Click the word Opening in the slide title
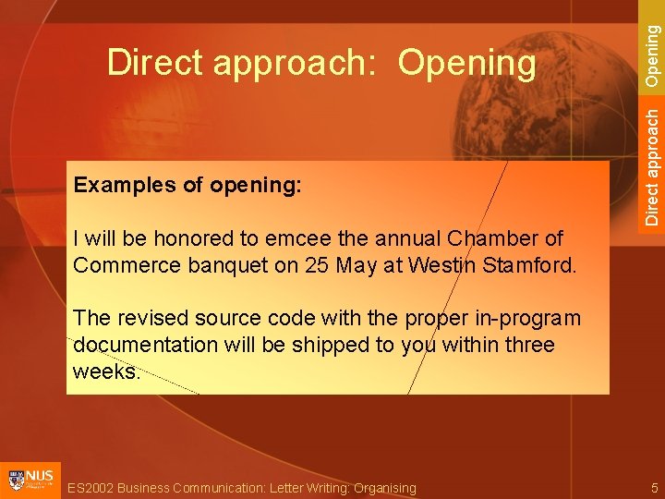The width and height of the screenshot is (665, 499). (x=466, y=64)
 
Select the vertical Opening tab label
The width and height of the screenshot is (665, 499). (x=652, y=55)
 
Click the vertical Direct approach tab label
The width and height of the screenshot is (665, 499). (x=652, y=166)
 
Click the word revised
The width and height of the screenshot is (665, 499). (x=149, y=318)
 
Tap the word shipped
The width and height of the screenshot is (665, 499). (x=352, y=345)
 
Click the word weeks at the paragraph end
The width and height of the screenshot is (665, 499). (x=104, y=371)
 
